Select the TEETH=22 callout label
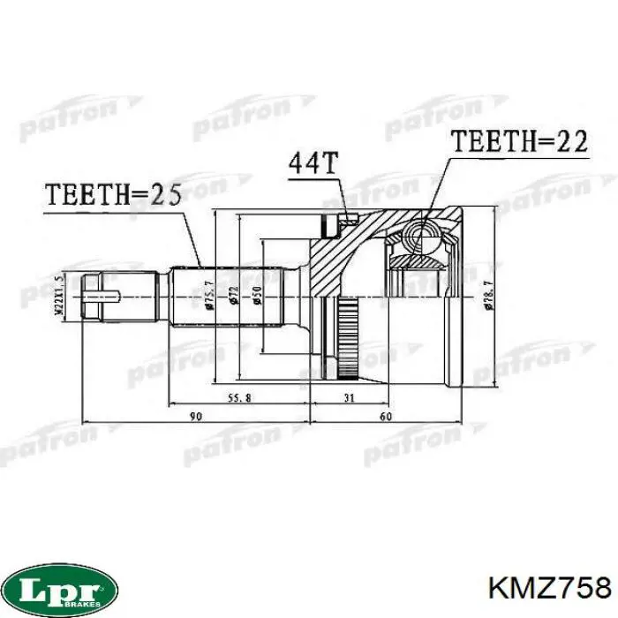[519, 141]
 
